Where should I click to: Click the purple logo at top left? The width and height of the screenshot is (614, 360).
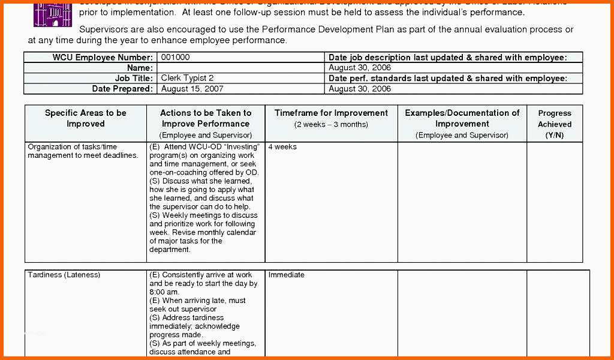(x=49, y=13)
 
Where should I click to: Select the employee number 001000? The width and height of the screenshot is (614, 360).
(x=175, y=57)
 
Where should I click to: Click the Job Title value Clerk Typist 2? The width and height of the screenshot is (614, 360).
(x=187, y=78)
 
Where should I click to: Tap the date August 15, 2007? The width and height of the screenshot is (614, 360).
(x=192, y=89)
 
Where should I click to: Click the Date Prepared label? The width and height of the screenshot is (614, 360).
(x=122, y=89)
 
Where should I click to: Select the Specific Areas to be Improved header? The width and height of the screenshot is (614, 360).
(x=86, y=118)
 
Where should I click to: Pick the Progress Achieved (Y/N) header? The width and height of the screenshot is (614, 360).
(x=555, y=124)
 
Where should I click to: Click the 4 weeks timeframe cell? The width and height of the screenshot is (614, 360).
(x=282, y=147)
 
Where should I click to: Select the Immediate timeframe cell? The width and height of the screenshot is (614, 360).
(x=286, y=275)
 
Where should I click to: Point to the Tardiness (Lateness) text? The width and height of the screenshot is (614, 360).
(x=64, y=275)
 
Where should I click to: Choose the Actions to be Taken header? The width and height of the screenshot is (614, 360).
(x=206, y=118)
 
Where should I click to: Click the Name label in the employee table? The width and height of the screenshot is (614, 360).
(x=140, y=68)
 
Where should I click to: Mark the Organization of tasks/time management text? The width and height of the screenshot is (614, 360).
(x=83, y=151)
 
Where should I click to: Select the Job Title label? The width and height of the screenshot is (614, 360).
(x=134, y=78)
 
